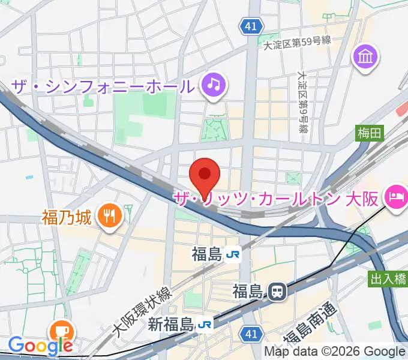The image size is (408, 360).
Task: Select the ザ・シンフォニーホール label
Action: pos(102,86)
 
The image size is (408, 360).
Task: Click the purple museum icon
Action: pos(365,57)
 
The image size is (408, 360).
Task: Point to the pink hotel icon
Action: pos(397,197)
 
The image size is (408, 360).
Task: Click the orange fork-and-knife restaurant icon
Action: pos(109,216)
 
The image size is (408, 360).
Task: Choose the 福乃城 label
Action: pos(67,217)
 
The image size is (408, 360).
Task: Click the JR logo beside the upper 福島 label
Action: pos(233,255)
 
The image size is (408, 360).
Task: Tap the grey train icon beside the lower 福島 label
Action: pos(277,292)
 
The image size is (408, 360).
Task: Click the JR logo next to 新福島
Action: pos(205,325)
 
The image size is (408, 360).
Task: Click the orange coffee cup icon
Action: pos(62,330)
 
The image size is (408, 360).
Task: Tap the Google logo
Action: pos(40,346)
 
